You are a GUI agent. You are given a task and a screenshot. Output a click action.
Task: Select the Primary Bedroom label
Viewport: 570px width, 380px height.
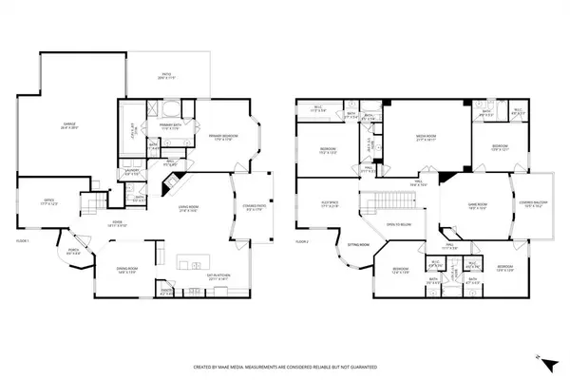click(x=221, y=137)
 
